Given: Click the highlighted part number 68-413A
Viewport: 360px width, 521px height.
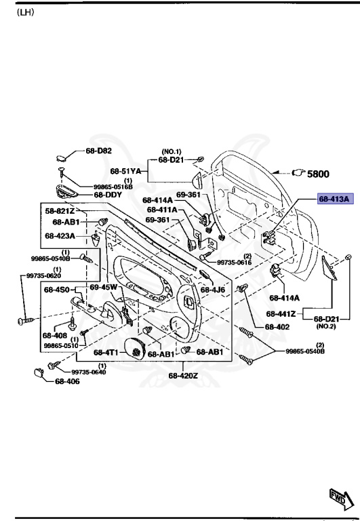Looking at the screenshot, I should tap(334, 199).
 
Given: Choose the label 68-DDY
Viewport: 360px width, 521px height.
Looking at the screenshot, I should tap(107, 195).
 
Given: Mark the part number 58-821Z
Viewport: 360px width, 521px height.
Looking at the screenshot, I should tap(60, 212).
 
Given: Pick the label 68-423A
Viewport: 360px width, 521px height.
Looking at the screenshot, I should tap(60, 236).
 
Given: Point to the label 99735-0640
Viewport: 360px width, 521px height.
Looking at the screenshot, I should tap(88, 372).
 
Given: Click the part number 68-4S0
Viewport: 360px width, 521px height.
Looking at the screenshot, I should tap(58, 290).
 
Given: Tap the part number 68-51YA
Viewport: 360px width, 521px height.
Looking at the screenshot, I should tap(125, 171).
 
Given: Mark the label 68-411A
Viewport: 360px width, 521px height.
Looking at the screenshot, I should tap(162, 210).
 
